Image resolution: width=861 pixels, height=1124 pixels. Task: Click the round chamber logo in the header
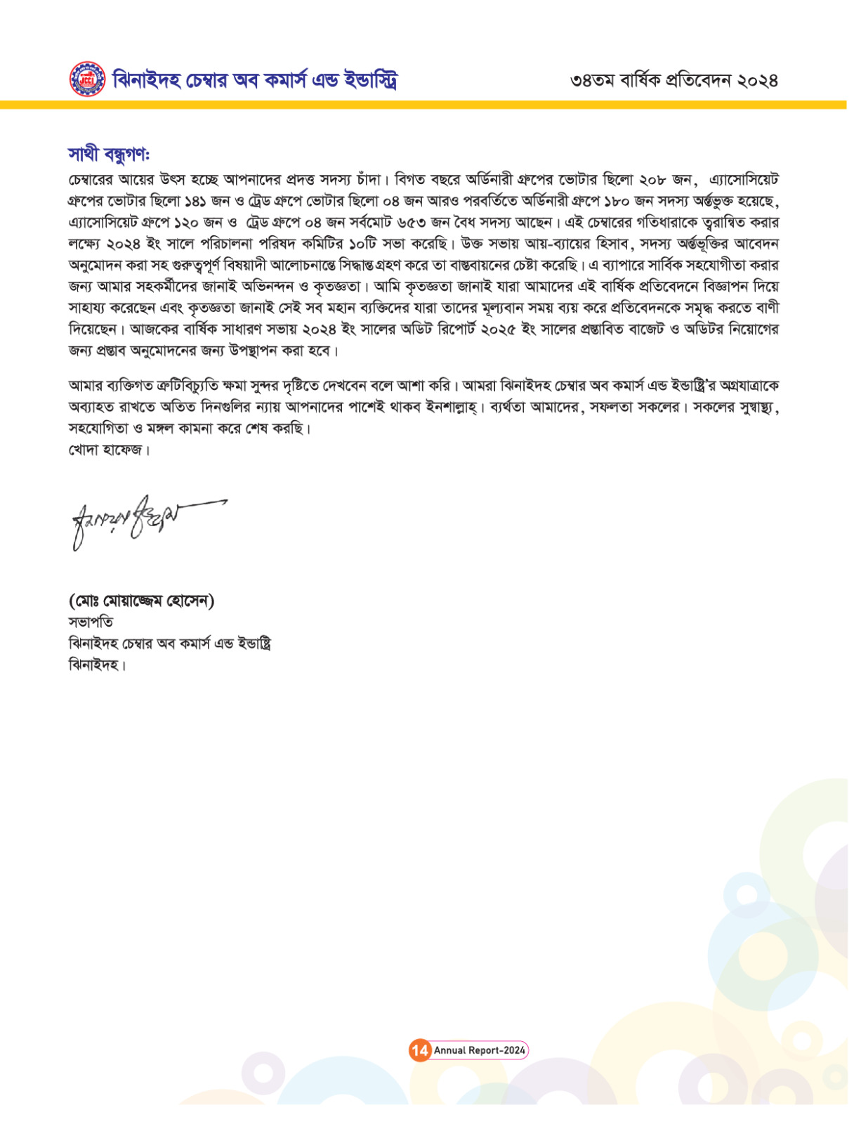87,79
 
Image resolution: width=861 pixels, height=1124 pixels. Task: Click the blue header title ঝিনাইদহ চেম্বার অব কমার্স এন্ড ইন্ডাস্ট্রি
254,80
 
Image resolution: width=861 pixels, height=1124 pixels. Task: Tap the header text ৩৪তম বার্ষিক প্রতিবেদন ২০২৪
673,80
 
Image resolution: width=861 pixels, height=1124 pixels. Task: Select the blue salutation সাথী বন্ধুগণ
109,154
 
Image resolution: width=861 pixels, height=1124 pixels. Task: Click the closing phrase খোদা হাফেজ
109,450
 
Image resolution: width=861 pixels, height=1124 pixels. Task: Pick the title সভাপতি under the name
91,622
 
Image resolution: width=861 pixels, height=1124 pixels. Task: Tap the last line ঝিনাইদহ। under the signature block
97,665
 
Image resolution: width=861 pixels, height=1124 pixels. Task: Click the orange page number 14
420,1050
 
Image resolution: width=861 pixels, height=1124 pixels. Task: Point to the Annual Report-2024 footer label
479,1050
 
